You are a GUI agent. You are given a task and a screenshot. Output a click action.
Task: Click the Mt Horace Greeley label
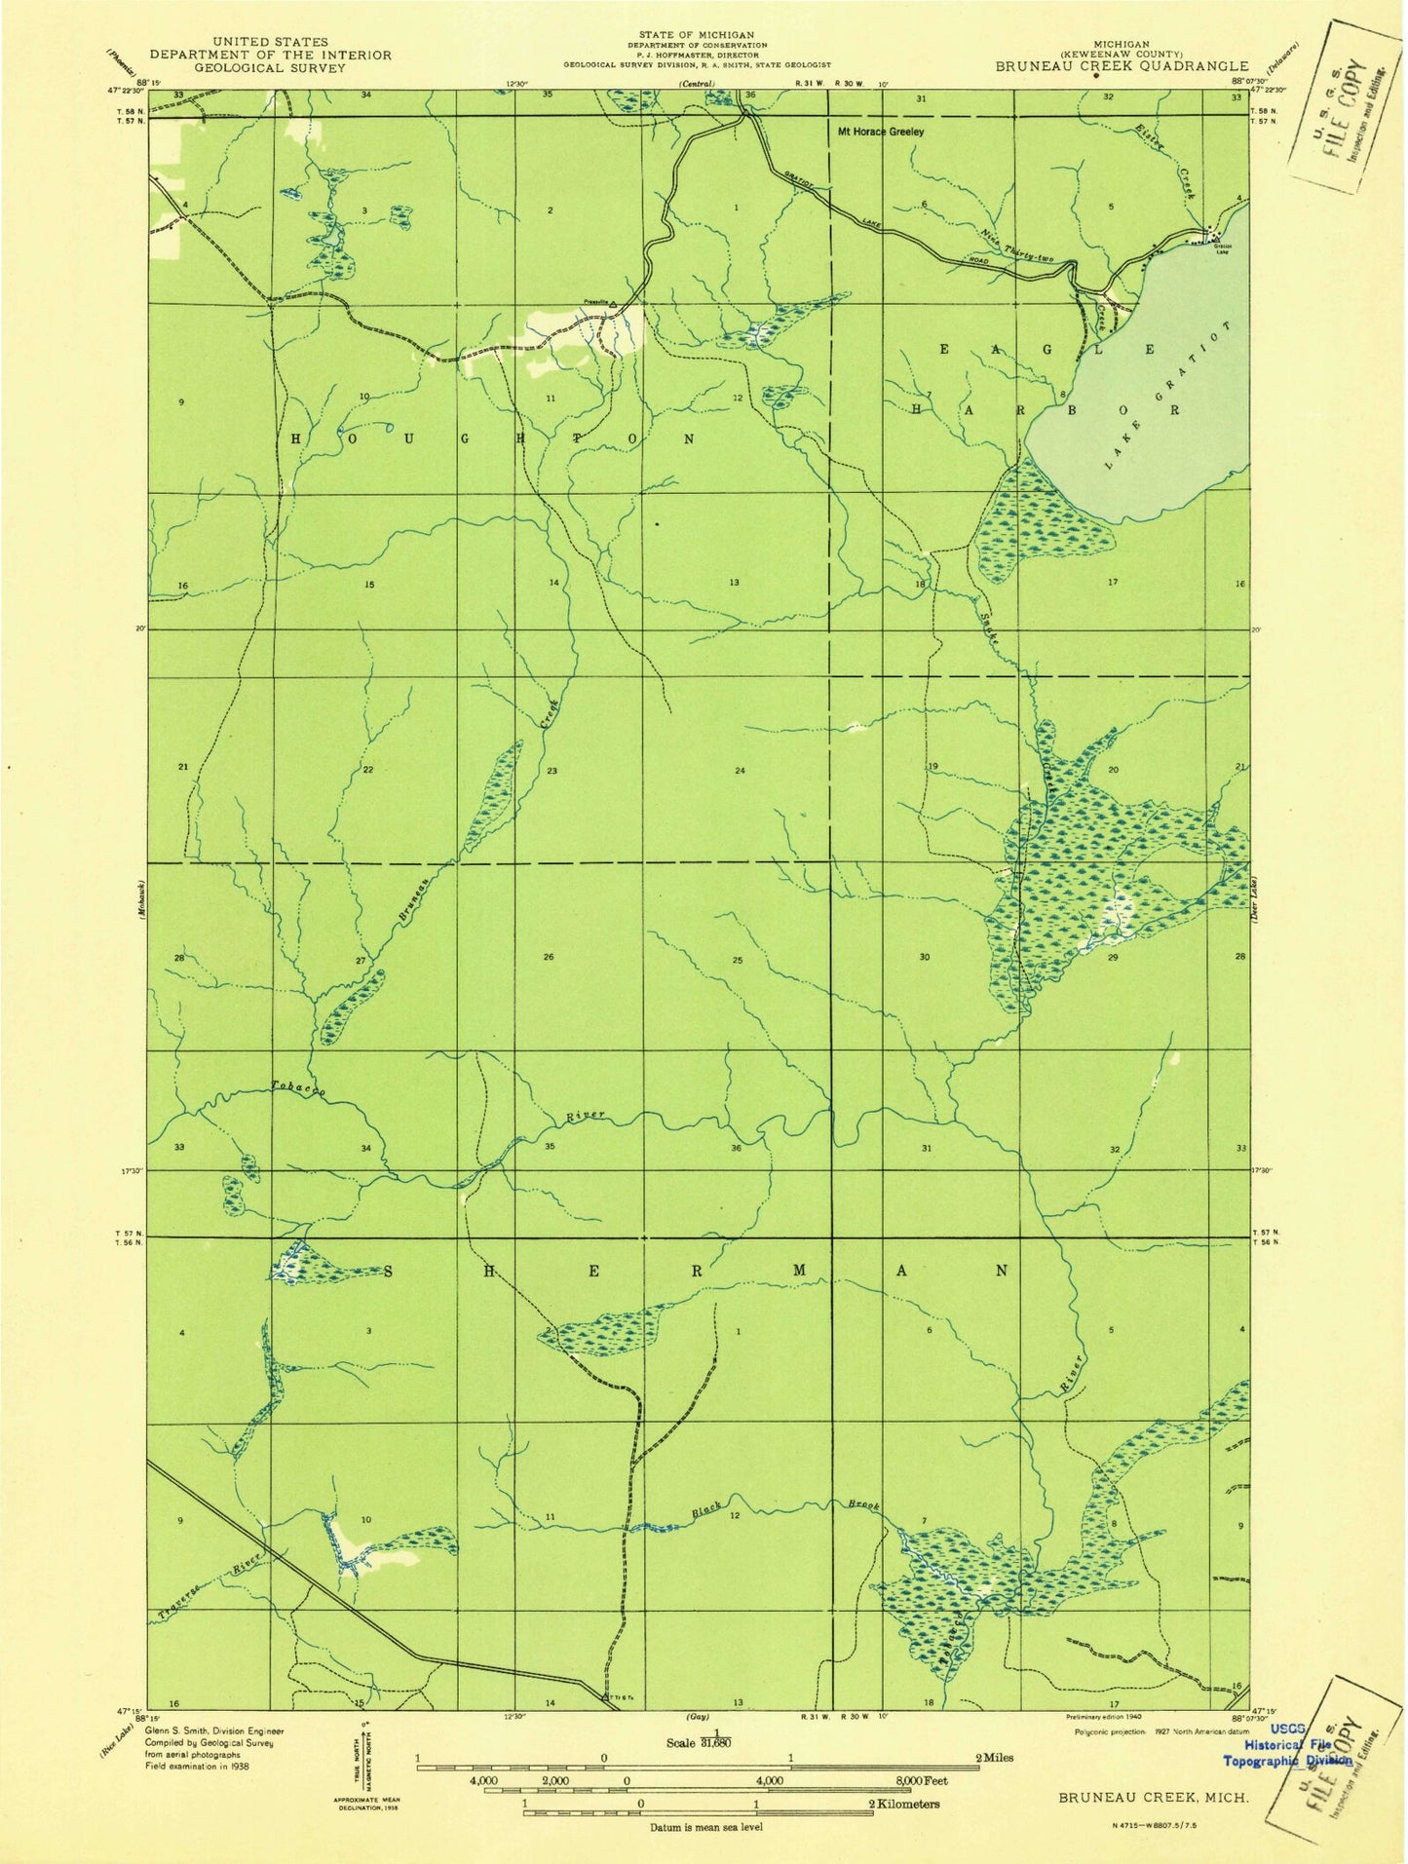click(x=880, y=131)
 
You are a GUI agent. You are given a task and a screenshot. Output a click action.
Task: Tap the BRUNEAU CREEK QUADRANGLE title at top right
click(x=1121, y=66)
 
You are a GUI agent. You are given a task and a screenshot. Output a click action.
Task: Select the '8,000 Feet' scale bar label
click(x=915, y=1779)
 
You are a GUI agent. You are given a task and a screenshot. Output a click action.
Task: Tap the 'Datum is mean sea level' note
click(x=707, y=1826)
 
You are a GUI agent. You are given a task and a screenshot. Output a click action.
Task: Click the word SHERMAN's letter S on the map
click(x=392, y=1272)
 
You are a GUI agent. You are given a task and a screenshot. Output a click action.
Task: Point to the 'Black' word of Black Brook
click(x=706, y=1511)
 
